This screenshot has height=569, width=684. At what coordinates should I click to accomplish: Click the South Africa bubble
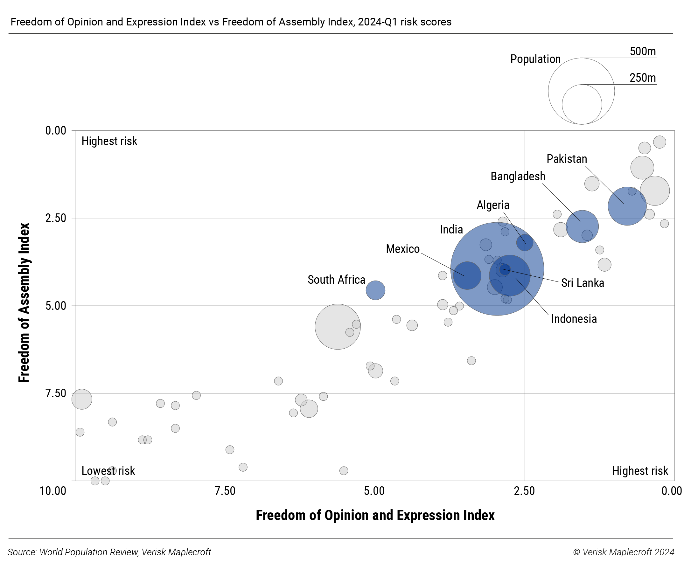click(375, 290)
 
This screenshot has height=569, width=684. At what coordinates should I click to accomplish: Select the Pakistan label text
click(567, 159)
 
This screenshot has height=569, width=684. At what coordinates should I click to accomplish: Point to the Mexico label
click(402, 249)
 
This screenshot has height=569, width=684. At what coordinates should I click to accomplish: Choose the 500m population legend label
click(643, 52)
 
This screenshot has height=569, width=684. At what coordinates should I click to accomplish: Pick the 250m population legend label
click(643, 78)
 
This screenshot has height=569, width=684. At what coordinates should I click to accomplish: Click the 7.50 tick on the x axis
click(225, 490)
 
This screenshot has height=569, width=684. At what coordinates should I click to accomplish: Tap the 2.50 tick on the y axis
click(56, 218)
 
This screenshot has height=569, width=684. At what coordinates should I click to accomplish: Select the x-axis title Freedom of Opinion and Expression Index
click(375, 515)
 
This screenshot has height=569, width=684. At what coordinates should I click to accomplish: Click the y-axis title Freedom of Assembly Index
click(24, 302)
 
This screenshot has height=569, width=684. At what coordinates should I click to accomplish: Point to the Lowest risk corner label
click(108, 471)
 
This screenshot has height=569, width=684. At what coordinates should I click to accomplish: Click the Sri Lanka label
click(583, 283)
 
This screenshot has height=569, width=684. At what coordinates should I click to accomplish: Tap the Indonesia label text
click(574, 319)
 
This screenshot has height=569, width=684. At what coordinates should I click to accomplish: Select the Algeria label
click(493, 205)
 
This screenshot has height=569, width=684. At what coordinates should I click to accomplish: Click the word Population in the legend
click(535, 59)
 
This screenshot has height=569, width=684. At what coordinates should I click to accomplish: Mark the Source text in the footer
click(109, 552)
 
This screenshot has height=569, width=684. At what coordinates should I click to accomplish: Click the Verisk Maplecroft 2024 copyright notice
click(624, 552)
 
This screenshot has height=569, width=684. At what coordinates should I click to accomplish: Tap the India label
click(451, 230)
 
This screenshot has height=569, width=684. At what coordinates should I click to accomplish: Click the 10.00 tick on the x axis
click(53, 490)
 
